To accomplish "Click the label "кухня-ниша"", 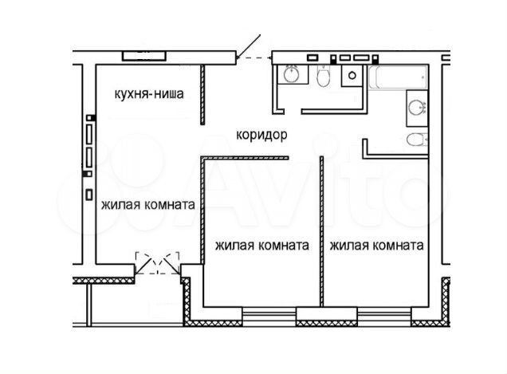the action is pos(149,94).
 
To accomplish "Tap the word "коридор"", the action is pos(261,135).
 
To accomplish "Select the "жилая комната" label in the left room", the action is pos(148,205).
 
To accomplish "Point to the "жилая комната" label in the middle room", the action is pos(262,246).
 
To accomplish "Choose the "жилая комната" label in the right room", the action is pos(377,246).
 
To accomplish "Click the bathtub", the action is pos(398,77).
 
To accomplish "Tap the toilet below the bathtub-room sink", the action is pos(417,140).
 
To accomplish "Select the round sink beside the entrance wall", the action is pos(293,74).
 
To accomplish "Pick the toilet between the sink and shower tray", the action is pos(323,77).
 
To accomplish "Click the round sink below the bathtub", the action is pos(417,108).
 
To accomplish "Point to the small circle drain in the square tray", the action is pos(352,76).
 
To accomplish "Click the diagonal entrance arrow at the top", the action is pos(249,47).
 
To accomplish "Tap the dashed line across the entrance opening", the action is pos(254,58).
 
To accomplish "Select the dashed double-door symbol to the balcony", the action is pos(157,263).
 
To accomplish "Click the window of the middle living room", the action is pos(269,314).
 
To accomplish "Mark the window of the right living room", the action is pos(384,314).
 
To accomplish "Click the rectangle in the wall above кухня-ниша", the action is pos(144,56).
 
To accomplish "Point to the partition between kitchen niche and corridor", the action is pos(202,94).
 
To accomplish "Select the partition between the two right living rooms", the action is pos(321,231).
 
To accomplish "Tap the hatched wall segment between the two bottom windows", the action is pos(327,323).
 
